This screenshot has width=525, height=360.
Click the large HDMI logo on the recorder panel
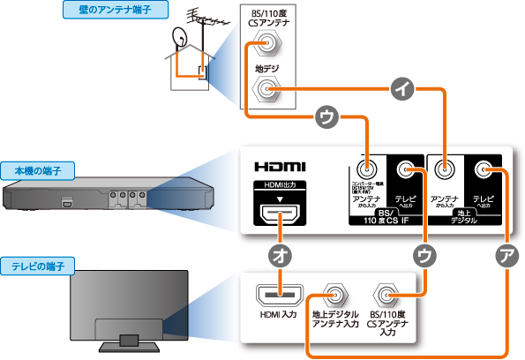281,166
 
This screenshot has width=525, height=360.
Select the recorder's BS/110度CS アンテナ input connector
366,169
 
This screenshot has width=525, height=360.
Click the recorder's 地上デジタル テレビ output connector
483,169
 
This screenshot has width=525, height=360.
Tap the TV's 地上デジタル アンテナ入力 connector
335,293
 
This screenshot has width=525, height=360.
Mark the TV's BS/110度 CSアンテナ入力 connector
386,293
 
